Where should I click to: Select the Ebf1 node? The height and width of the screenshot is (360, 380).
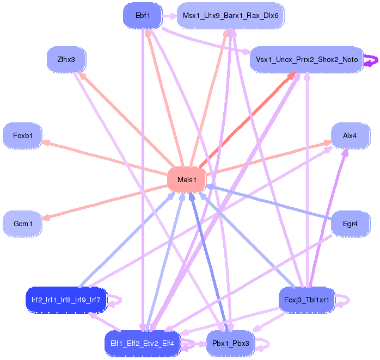point(143,15)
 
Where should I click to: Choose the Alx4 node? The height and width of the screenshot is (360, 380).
point(350,135)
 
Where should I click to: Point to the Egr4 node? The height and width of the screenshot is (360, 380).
point(350,224)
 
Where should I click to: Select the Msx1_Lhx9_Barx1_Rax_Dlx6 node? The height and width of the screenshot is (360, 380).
point(230,15)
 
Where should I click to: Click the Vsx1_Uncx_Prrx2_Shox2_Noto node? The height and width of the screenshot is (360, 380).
point(307,59)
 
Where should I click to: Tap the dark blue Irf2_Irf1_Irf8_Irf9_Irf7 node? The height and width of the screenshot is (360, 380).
point(66,300)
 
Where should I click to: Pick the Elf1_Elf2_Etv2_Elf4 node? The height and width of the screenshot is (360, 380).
point(142,343)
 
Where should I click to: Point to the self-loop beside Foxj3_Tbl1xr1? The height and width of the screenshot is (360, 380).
point(344,300)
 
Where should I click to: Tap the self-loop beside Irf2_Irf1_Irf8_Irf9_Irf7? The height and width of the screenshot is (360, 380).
point(117,300)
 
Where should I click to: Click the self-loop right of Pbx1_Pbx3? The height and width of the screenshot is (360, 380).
point(263,344)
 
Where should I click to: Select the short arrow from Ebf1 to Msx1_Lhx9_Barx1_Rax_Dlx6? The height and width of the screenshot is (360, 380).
point(169,15)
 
